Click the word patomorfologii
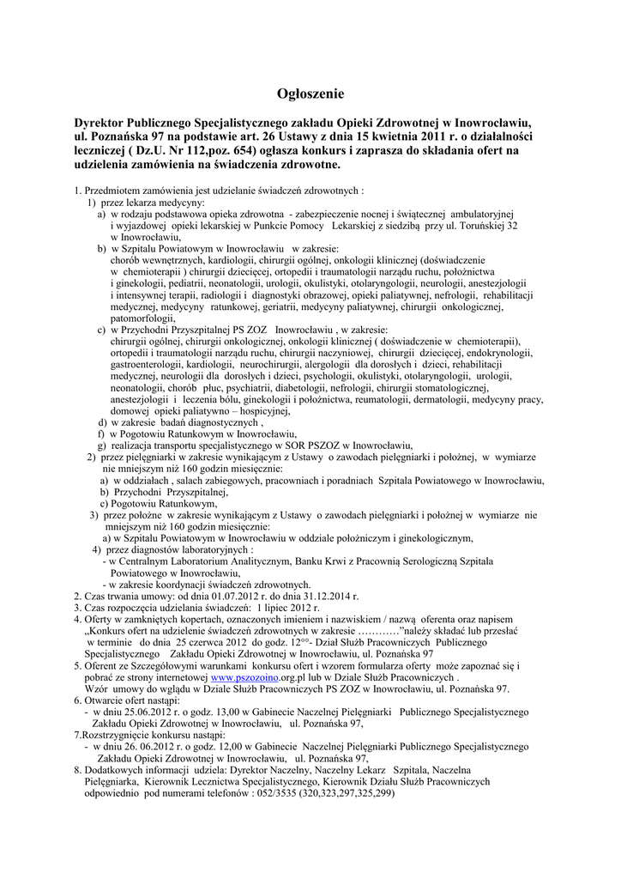pyautogui.click(x=142, y=318)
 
